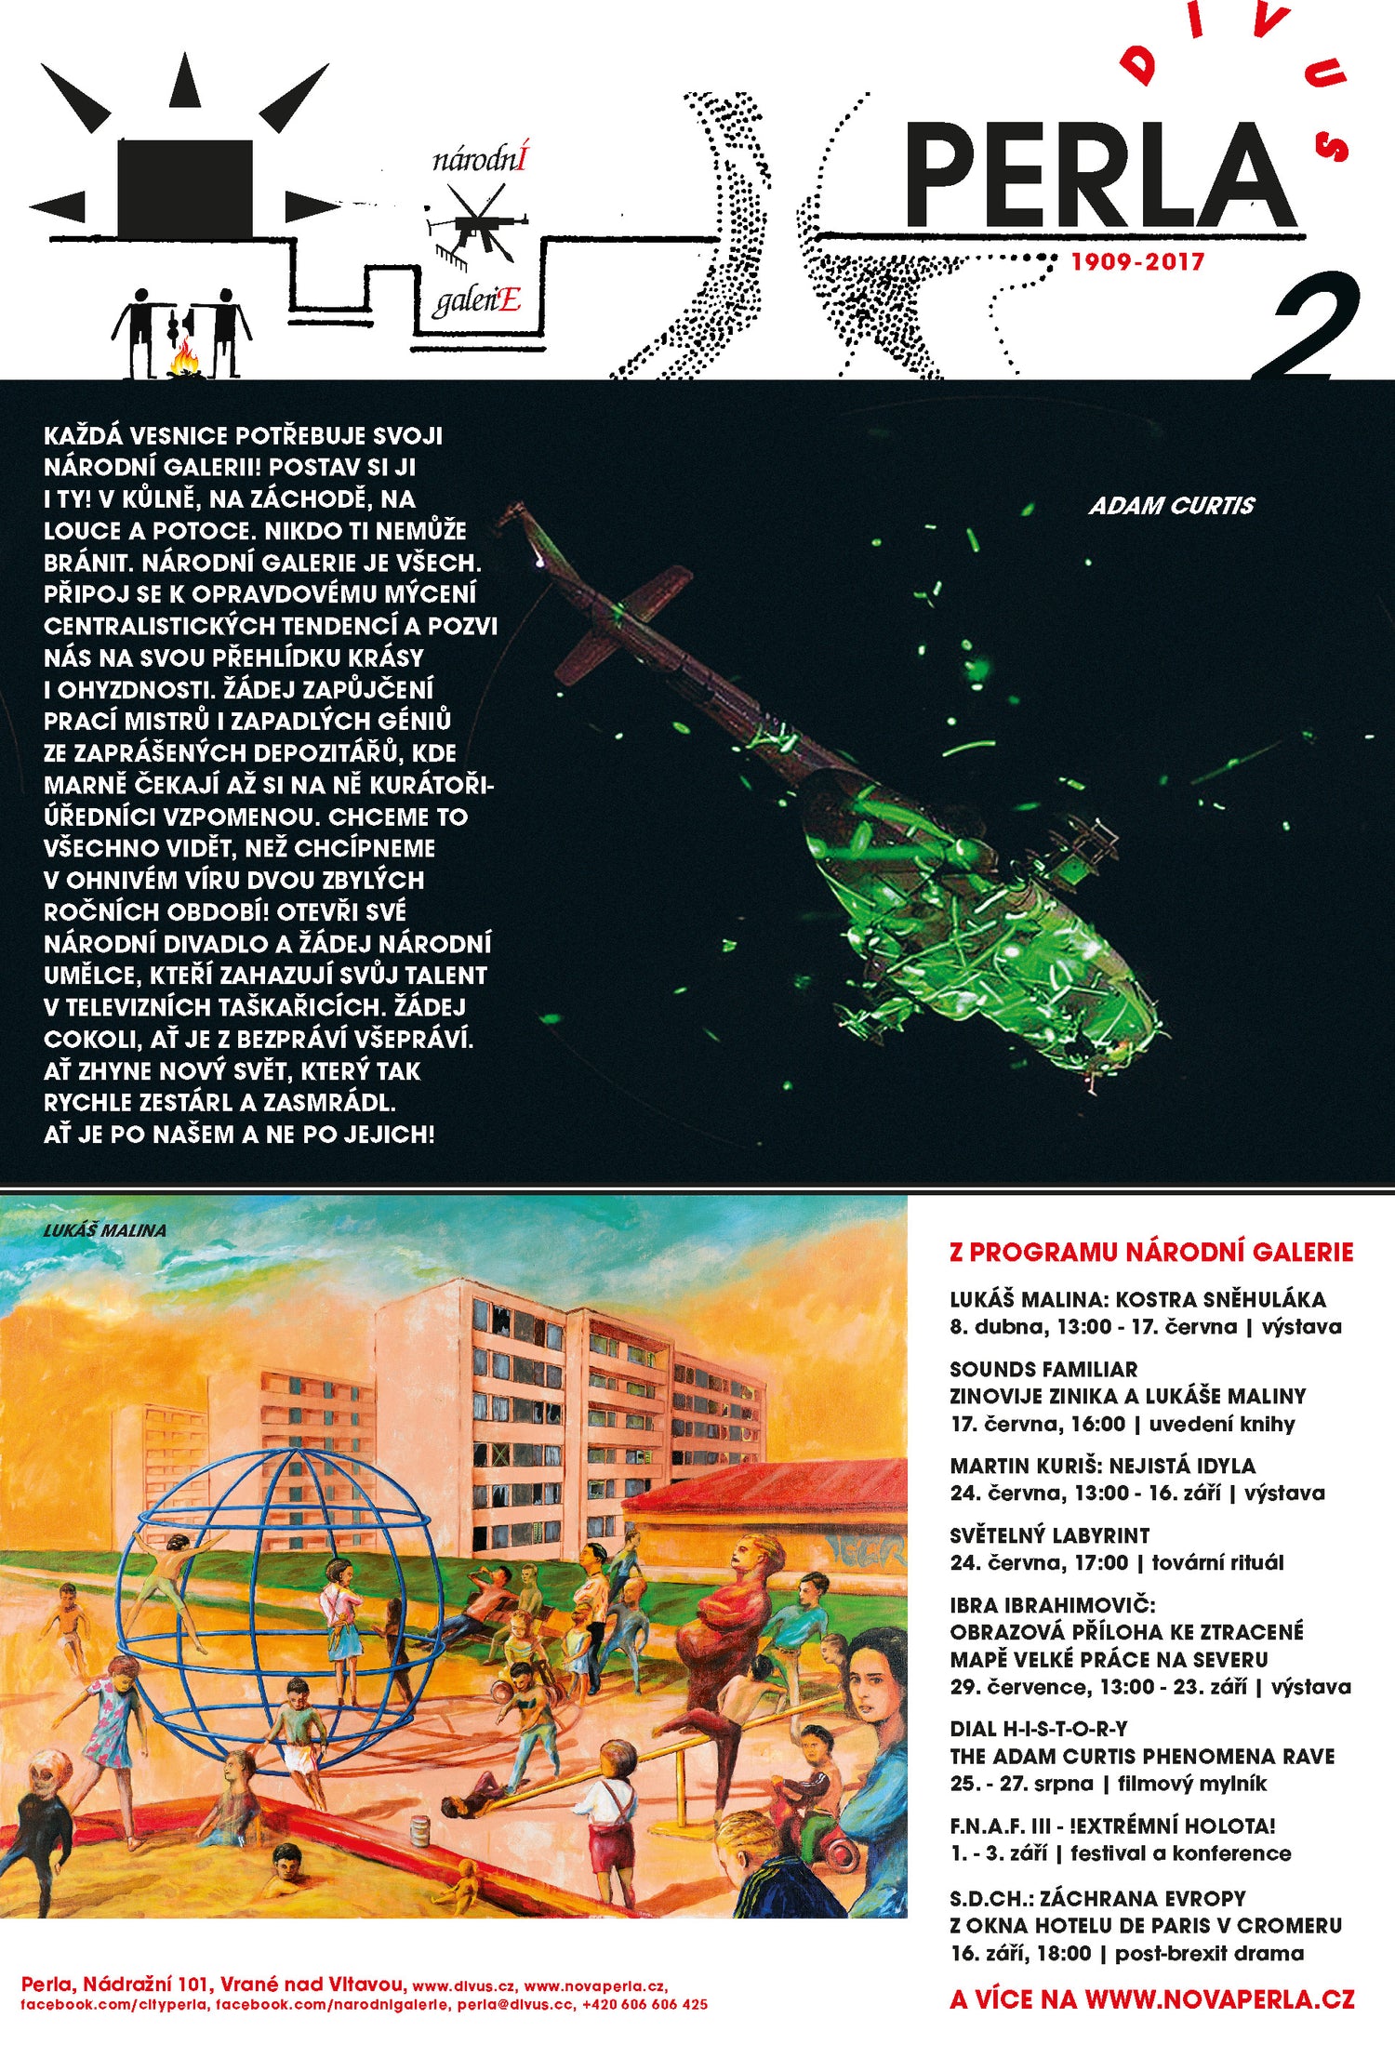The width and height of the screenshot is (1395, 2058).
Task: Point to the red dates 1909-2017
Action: [x=1137, y=261]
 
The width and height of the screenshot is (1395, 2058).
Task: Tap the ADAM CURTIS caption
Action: [x=1172, y=505]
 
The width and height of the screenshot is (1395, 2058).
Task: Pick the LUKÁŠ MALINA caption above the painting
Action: [x=105, y=1229]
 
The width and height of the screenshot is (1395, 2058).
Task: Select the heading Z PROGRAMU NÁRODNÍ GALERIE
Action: [x=1151, y=1252]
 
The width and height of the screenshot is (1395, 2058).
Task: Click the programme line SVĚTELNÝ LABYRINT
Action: [x=1049, y=1535]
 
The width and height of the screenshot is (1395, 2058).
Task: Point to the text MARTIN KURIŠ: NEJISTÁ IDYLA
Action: [x=1102, y=1466]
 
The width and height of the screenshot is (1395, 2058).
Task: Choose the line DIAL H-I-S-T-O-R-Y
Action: [x=1039, y=1729]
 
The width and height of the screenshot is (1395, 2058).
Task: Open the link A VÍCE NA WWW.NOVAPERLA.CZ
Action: [x=1151, y=1999]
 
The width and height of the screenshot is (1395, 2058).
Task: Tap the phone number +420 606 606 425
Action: [x=644, y=2004]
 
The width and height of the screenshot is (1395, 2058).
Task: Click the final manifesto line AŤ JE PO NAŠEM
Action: [x=239, y=1135]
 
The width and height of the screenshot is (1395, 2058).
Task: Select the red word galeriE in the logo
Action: [x=476, y=300]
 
